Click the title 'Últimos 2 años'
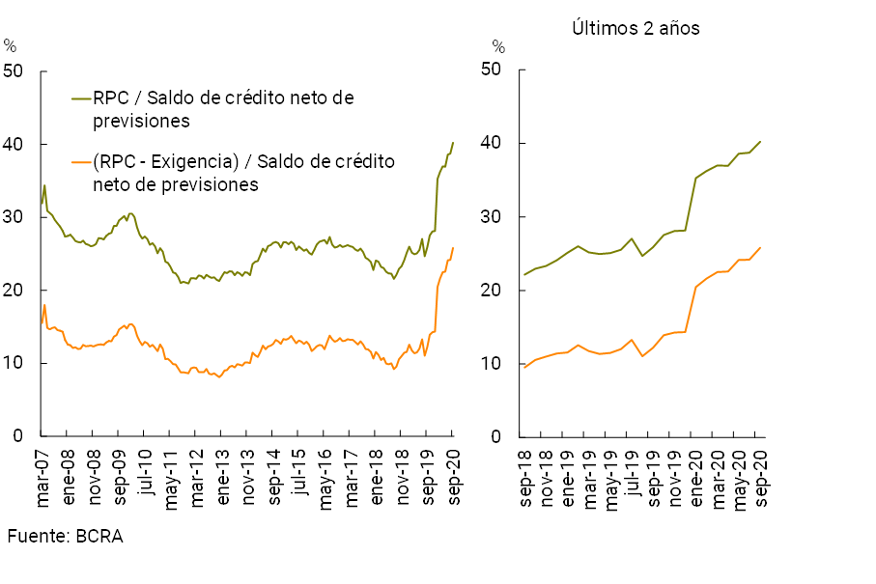tap(635, 28)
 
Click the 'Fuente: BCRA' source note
tap(66, 537)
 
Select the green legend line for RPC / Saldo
tap(80, 98)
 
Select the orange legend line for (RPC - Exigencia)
tap(80, 162)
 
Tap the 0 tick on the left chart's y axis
tap(20, 436)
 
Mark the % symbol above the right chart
tap(498, 45)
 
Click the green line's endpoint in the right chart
tap(760, 142)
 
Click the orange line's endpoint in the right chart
tap(760, 247)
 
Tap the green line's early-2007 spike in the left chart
tap(44, 185)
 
